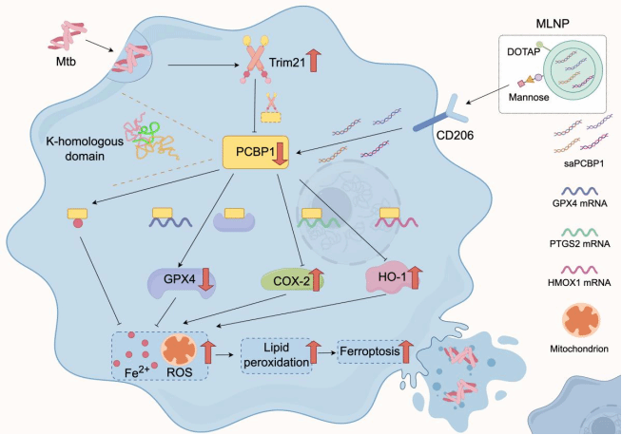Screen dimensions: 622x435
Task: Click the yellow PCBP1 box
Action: click(256, 153)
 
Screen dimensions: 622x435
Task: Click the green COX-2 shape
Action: click(292, 281)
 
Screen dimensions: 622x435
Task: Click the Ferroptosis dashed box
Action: click(375, 351)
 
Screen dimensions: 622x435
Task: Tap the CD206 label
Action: click(455, 136)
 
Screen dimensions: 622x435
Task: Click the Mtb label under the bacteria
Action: click(66, 62)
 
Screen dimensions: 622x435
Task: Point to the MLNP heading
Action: click(553, 24)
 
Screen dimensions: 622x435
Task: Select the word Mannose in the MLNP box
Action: click(529, 97)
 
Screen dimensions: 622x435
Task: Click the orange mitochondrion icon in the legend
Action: click(579, 320)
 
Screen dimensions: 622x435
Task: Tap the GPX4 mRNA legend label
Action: click(579, 204)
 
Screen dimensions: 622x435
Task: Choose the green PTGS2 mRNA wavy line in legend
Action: click(579, 232)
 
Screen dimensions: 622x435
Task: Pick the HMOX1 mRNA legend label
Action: click(579, 282)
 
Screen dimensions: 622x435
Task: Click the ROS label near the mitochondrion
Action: click(180, 372)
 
